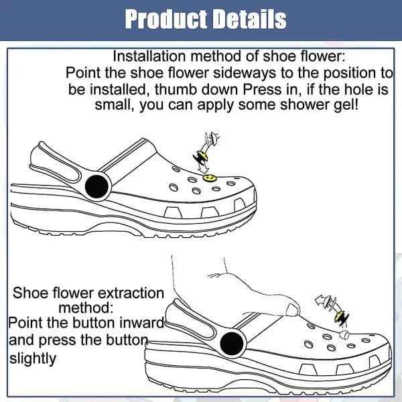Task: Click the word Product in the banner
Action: (166, 19)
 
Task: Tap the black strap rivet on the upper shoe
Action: (96, 186)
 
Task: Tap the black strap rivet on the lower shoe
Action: (232, 344)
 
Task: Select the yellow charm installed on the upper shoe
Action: (210, 178)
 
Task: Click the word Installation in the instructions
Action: (149, 56)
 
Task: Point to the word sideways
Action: (245, 73)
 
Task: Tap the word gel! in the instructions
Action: (346, 105)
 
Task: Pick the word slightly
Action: (33, 358)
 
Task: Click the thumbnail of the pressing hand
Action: (291, 310)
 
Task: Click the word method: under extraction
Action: (86, 308)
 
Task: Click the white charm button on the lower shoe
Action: (344, 334)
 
